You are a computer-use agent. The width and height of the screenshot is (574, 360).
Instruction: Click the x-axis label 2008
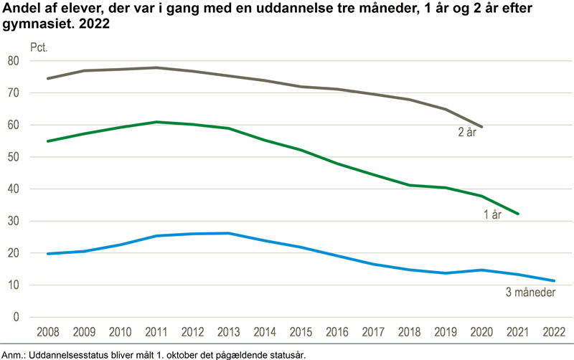pyautogui.click(x=47, y=332)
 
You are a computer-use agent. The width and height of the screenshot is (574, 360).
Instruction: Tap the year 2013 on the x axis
pyautogui.click(x=228, y=332)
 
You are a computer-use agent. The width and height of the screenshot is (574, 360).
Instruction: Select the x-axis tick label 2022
pyautogui.click(x=554, y=332)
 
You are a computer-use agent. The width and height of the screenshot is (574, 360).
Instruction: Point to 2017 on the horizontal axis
pyautogui.click(x=373, y=332)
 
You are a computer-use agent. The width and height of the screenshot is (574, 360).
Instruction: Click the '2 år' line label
pyautogui.click(x=468, y=131)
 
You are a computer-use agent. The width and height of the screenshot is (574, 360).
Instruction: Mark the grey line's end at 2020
pyautogui.click(x=481, y=126)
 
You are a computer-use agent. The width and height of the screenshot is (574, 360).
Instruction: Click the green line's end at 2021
pyautogui.click(x=518, y=214)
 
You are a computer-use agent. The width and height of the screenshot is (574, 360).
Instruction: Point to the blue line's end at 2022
pyautogui.click(x=554, y=280)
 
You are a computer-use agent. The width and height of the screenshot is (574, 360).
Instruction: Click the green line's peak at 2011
pyautogui.click(x=156, y=122)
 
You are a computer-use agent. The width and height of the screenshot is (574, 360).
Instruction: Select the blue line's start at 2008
pyautogui.click(x=47, y=254)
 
